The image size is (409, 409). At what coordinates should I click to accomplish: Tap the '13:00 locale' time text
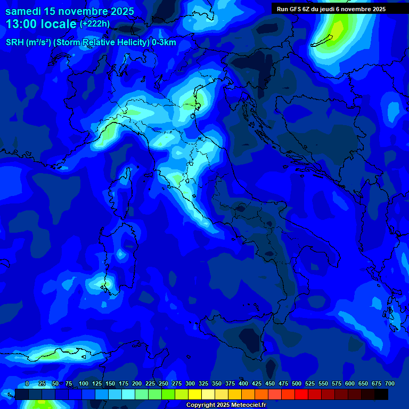(42, 24)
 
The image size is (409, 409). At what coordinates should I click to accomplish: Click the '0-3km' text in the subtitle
(163, 43)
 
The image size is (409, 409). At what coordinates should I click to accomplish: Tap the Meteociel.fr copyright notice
(226, 405)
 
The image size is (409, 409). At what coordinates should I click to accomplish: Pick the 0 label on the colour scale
(27, 383)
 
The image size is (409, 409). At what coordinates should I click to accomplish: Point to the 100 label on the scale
(84, 383)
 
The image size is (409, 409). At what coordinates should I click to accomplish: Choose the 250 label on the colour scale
(163, 383)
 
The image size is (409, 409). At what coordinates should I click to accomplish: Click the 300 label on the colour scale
(190, 383)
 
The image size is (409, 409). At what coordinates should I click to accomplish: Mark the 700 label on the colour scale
(390, 383)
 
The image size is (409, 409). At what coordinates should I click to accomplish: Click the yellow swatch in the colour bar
(195, 394)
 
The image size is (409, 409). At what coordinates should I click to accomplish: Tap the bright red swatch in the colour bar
(301, 394)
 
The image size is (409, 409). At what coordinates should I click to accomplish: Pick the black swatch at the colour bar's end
(381, 394)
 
